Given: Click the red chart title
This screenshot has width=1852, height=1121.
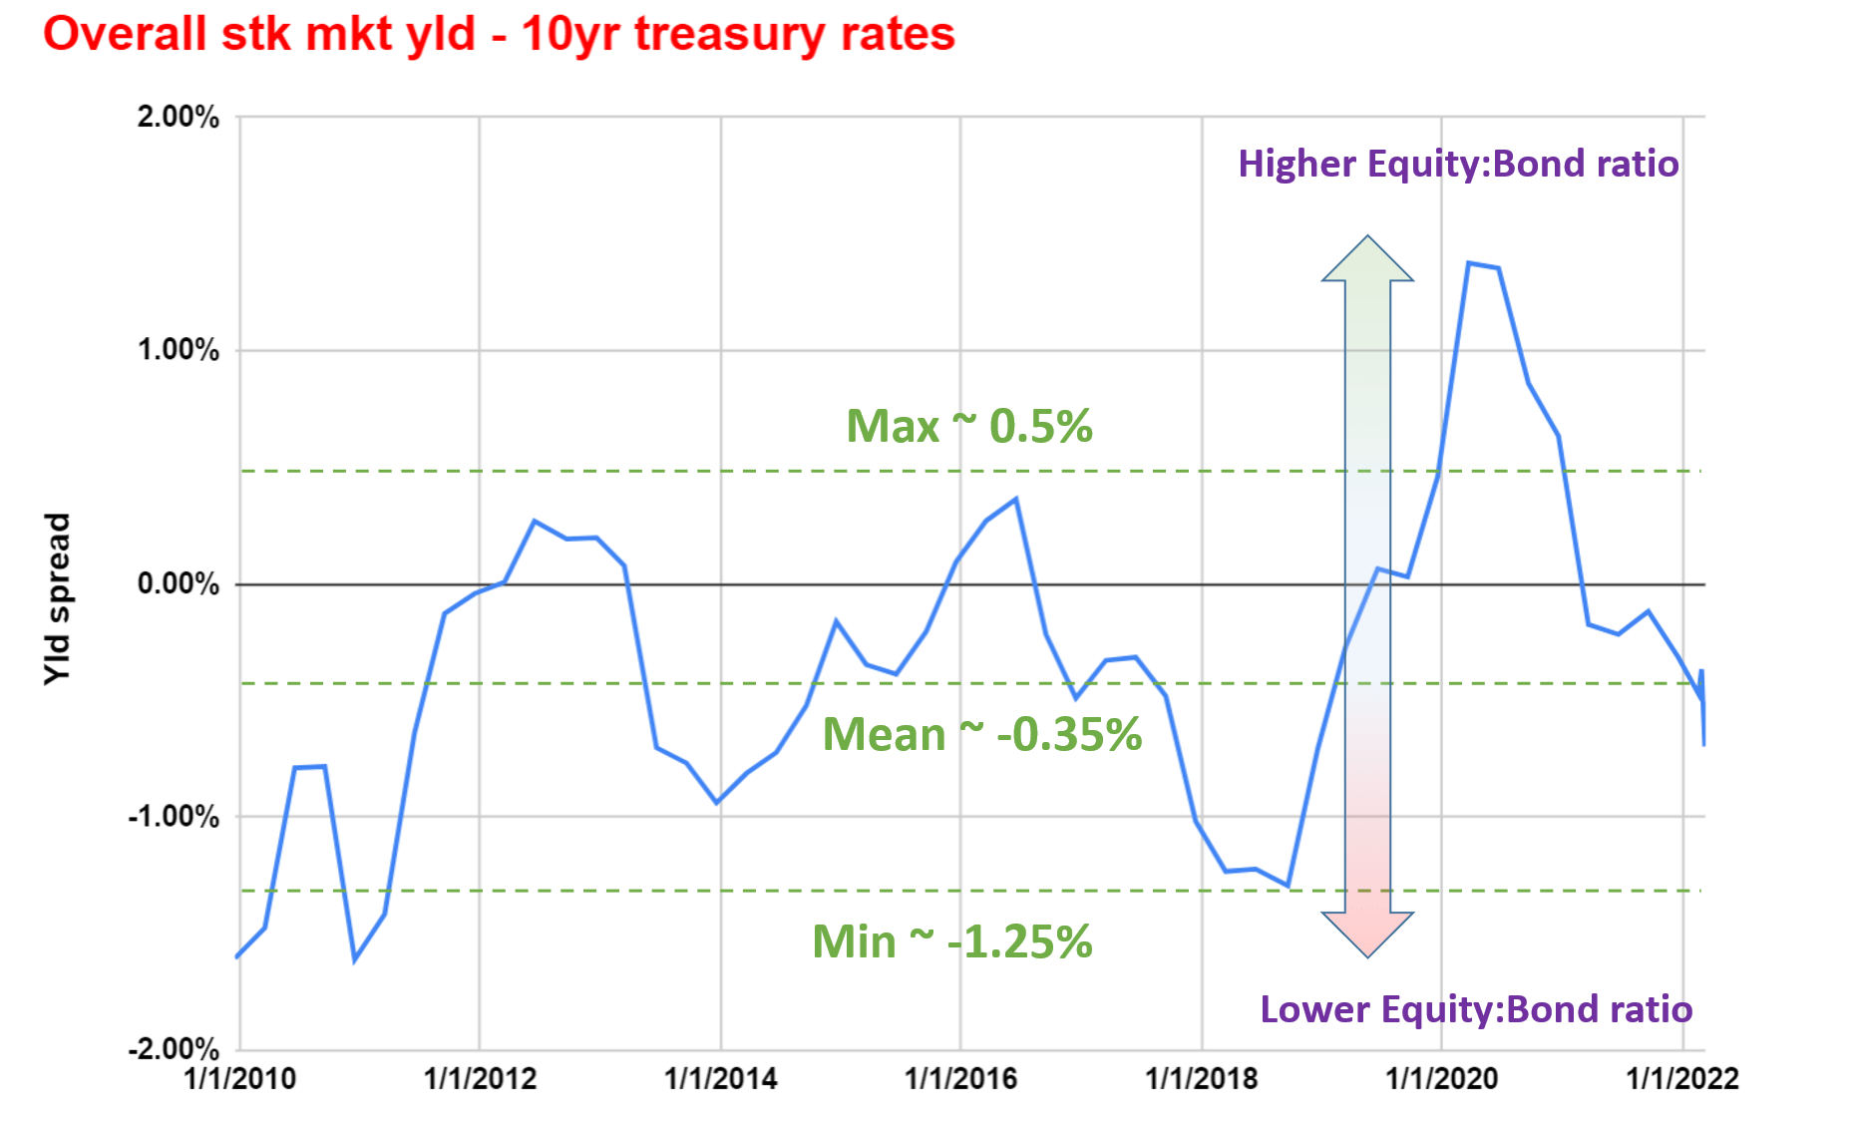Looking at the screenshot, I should (499, 34).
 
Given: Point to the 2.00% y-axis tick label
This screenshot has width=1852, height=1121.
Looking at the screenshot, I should (179, 117).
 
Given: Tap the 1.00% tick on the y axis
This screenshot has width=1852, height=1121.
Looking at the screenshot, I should (179, 350).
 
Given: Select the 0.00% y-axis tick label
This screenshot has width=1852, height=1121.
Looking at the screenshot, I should (179, 583).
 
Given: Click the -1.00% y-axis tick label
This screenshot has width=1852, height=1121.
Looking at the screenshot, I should (175, 817).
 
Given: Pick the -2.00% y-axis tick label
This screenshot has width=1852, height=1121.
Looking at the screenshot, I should (175, 1049).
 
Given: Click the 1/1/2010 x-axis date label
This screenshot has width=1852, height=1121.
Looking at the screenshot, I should (240, 1079).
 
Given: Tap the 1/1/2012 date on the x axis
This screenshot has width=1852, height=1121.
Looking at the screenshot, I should (480, 1079).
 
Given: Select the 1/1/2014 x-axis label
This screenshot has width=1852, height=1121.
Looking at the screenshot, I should (721, 1079).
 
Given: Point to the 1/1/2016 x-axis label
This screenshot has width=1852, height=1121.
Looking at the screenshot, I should (960, 1079).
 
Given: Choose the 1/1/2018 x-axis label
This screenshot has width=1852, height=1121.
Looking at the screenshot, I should (1202, 1079).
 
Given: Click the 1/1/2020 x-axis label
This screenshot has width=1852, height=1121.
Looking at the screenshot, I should (1442, 1079).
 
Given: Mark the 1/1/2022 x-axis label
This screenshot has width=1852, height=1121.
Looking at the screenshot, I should (1682, 1079).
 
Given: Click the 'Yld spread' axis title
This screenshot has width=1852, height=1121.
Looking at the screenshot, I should (58, 598).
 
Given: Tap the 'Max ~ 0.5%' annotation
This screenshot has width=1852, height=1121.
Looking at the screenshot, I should (969, 427).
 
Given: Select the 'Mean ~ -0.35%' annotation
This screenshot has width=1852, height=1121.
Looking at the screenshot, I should (982, 735).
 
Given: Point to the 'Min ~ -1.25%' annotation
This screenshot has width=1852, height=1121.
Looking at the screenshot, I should (952, 941).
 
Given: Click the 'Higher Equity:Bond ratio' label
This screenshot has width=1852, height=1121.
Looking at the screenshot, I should (1458, 164).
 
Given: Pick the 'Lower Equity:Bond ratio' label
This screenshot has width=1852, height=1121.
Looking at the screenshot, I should (1476, 1009).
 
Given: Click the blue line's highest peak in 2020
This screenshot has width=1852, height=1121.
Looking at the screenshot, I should (1469, 263).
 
